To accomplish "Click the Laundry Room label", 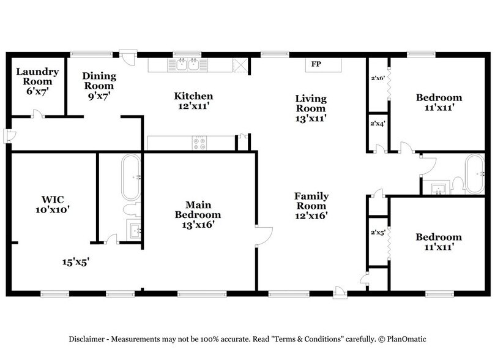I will coord(37,81).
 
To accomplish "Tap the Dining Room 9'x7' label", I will coord(99,86).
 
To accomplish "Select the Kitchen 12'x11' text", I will coord(193,101).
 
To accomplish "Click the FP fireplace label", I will coord(316,64).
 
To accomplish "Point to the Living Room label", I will coord(311,108).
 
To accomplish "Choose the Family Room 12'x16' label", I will coord(311,206).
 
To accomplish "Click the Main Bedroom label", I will coord(198,215).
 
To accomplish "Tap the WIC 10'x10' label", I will coord(52,204).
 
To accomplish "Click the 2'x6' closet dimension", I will coord(378,78).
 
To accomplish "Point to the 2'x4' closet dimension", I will coord(378,124).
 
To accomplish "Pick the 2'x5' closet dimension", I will coord(378,233).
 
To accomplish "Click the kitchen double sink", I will coord(188,64).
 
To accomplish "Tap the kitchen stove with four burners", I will coord(200,143).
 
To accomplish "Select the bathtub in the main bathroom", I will coord(131,178).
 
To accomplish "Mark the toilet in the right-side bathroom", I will coord(458,186).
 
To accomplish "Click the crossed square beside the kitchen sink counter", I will coord(240,66).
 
